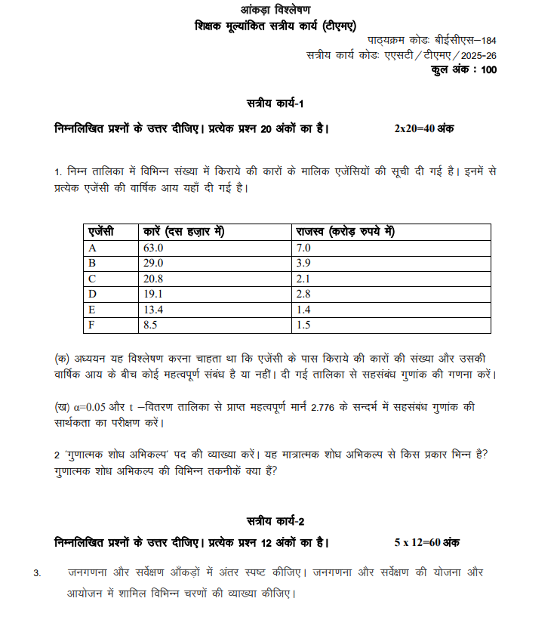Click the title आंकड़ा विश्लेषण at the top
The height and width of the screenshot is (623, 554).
[x=276, y=10]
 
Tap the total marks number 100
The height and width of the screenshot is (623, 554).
[x=488, y=70]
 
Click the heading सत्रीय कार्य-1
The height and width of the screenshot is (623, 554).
[x=275, y=102]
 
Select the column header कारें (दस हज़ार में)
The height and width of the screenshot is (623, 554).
[x=183, y=232]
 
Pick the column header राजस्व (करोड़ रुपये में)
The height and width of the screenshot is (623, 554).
[x=346, y=232]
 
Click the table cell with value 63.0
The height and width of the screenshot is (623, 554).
[x=153, y=248]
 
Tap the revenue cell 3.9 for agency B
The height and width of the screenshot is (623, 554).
[x=303, y=263]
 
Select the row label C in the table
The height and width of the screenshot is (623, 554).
[x=93, y=279]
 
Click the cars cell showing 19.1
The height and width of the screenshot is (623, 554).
[x=153, y=294]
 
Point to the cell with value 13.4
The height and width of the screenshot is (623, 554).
[x=153, y=310]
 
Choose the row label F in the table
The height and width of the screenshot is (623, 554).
[x=92, y=325]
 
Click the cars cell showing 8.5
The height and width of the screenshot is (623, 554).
[x=150, y=325]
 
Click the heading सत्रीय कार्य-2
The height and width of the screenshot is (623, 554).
[x=275, y=522]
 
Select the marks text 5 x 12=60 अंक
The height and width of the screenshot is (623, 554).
[x=427, y=542]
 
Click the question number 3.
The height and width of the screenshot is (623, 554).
[x=37, y=573]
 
